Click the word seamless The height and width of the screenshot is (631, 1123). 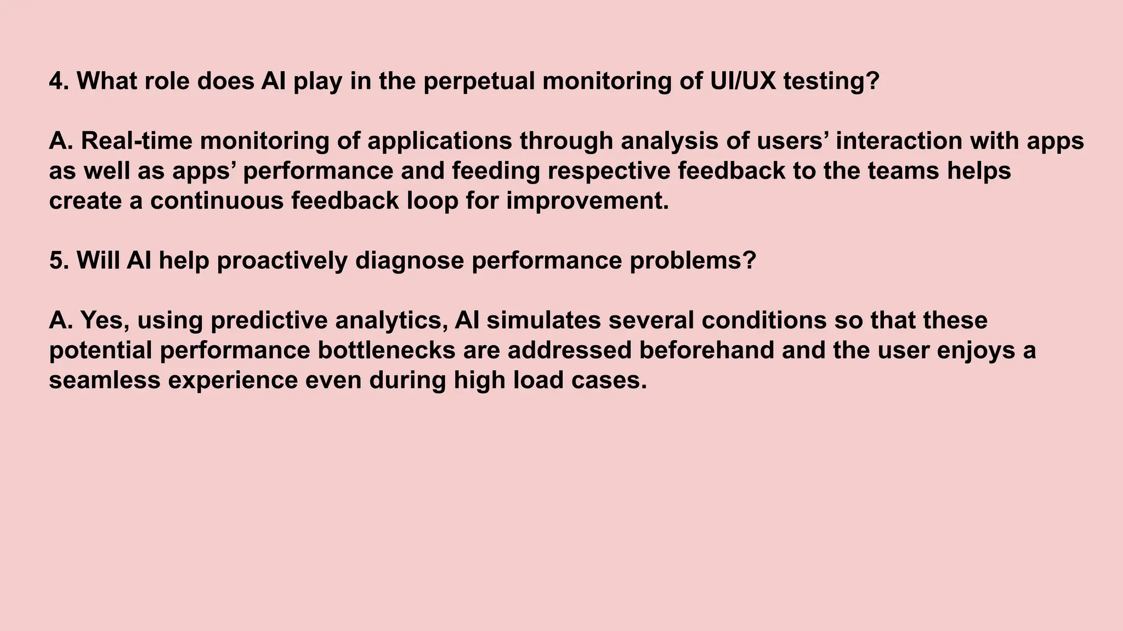105,380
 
